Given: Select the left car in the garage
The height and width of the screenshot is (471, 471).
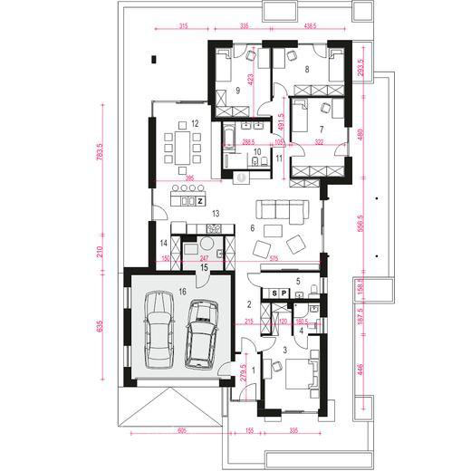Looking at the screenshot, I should [159, 328].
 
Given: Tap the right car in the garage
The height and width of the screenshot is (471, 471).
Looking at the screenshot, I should [201, 333].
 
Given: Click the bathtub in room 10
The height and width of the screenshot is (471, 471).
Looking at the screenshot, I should [232, 141].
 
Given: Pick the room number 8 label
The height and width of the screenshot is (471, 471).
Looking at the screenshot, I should [307, 69].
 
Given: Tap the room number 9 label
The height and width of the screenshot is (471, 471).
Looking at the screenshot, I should [236, 90].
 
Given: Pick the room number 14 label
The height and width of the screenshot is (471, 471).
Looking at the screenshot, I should [164, 244].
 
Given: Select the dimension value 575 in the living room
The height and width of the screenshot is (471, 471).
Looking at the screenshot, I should [275, 259].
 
